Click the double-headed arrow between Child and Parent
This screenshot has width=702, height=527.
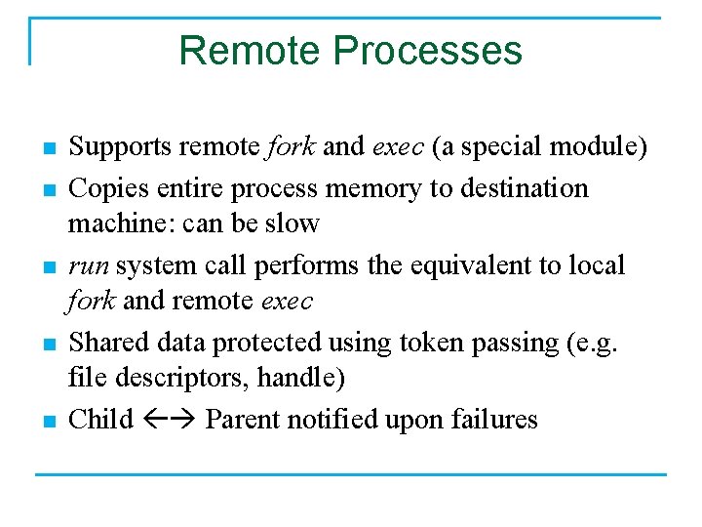pos(170,421)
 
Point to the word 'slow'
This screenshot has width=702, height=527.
pos(292,223)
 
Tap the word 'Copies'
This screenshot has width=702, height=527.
pos(101,186)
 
